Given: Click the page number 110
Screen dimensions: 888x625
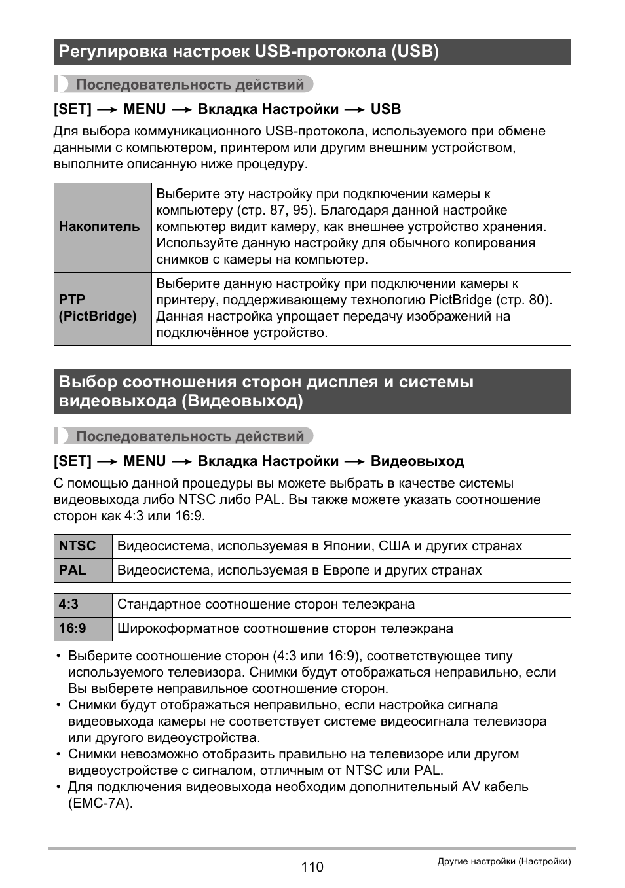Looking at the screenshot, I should tap(312, 867).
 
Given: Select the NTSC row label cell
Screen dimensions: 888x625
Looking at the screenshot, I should tap(83, 546).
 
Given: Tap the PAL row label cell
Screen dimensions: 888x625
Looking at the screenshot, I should tap(83, 571).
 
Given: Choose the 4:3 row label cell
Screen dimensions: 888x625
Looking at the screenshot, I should tap(83, 605).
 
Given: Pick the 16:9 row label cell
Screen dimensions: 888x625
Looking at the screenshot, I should tap(83, 629).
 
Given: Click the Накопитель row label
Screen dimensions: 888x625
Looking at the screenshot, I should tap(100, 227).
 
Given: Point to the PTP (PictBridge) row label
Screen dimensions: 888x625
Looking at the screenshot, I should tap(98, 308).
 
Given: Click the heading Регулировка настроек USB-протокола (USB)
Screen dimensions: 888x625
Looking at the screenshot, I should tap(249, 52).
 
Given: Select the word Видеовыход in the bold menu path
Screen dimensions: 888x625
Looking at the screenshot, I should tap(417, 461).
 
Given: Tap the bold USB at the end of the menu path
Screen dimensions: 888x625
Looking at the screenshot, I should tap(386, 109).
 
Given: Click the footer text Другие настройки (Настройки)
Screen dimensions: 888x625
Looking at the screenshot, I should tap(504, 862).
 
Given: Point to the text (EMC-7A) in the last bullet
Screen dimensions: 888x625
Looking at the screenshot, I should tap(100, 804).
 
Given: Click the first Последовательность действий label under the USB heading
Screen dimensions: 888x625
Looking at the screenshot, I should tap(190, 84).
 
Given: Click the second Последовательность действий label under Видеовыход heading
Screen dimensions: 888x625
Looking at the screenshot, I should tap(190, 436).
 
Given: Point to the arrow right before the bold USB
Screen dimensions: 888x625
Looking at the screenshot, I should tap(354, 110).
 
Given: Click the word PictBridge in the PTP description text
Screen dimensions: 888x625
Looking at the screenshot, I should tap(460, 300).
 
